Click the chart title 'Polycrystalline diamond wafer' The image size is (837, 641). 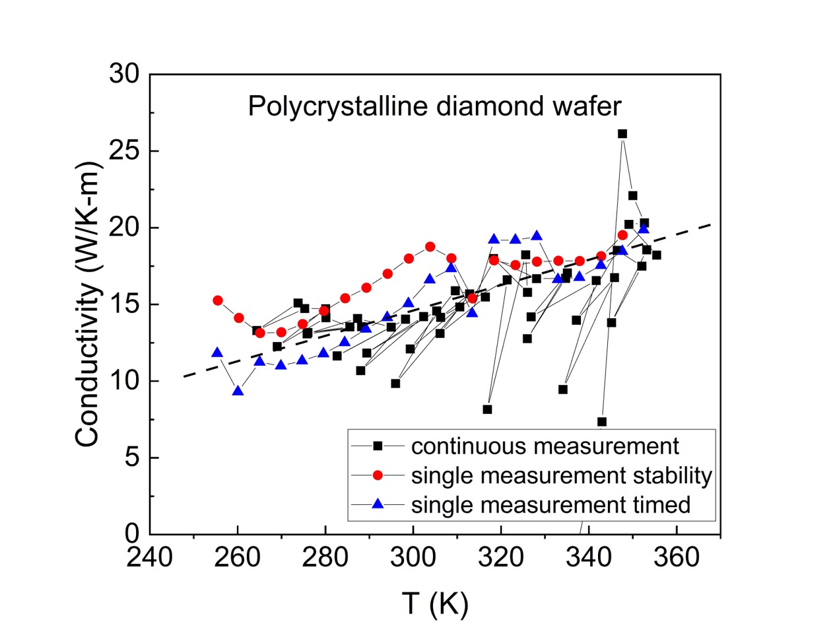click(434, 106)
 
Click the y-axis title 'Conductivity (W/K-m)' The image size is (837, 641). click(87, 304)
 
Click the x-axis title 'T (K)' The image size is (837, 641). click(434, 603)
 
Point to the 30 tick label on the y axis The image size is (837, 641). click(125, 74)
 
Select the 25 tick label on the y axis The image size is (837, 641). click(125, 151)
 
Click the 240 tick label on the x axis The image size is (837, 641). click(150, 558)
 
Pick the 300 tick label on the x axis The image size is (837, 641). click(413, 558)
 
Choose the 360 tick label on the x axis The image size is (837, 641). click(677, 558)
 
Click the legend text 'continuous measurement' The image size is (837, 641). click(545, 446)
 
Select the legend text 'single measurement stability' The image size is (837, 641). click(561, 475)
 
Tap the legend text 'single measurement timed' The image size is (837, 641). click(551, 504)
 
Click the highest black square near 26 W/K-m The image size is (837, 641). click(622, 133)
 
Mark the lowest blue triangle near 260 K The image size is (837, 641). click(238, 391)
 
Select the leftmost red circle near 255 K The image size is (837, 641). click(218, 300)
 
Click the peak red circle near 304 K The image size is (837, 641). click(430, 247)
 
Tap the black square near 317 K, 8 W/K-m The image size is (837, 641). click(487, 409)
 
